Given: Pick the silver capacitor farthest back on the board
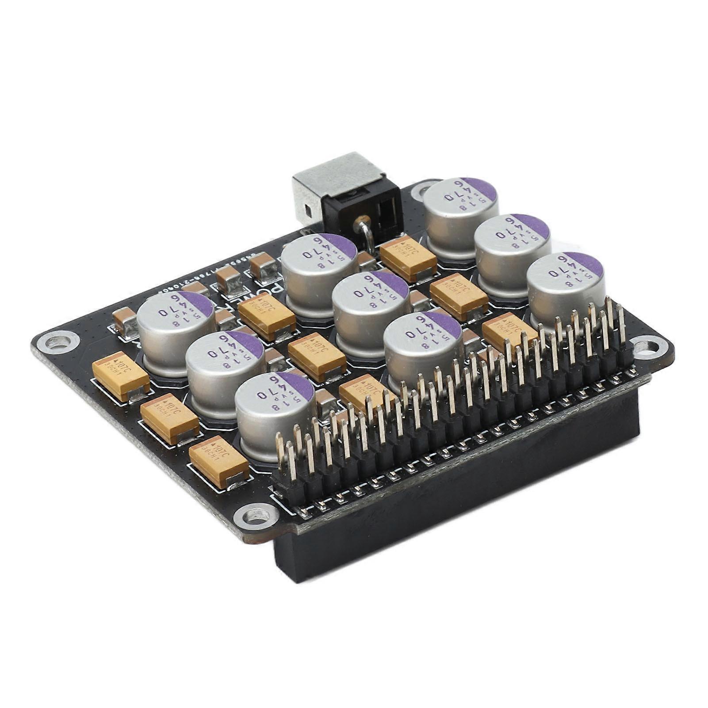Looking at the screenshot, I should (460, 208).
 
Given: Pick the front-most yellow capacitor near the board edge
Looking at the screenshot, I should (219, 462).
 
